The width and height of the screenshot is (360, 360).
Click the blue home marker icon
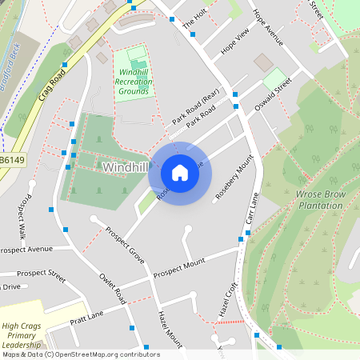tap(180, 172)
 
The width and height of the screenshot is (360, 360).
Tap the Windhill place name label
tap(126, 167)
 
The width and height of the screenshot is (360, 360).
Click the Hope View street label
tap(235, 42)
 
